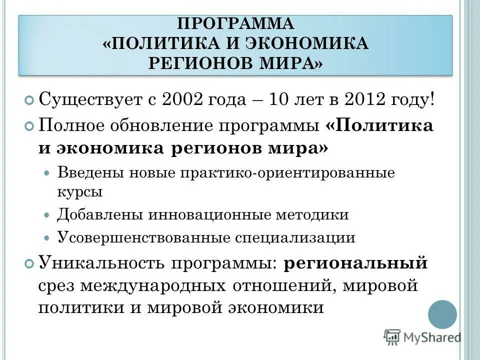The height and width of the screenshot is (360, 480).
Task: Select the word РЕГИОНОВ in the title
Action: [201, 63]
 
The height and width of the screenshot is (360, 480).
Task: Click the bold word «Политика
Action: [379, 125]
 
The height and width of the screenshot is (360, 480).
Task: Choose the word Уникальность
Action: [101, 263]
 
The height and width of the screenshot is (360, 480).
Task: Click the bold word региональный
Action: [356, 263]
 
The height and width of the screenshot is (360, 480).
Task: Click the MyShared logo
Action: [422, 337]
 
